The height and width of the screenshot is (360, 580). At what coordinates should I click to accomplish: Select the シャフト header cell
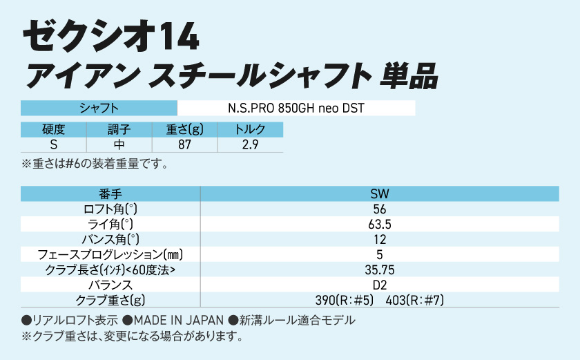click(99, 108)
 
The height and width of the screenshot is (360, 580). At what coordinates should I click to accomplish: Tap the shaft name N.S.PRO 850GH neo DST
click(296, 108)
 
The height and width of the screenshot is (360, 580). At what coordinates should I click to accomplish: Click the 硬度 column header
click(53, 130)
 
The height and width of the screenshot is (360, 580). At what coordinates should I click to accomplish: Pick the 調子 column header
click(119, 130)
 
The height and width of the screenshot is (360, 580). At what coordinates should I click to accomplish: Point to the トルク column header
click(250, 130)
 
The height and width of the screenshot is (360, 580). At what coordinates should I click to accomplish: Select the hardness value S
click(53, 144)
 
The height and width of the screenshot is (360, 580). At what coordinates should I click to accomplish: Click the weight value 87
click(184, 144)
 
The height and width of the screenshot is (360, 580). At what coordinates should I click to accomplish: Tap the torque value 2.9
click(250, 144)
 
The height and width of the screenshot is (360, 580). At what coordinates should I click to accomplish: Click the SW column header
click(379, 194)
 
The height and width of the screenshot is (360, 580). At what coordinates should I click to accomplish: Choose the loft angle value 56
click(379, 209)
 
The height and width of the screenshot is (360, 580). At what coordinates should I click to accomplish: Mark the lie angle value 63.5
click(379, 225)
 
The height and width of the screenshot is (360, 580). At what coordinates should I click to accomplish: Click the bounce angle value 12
click(379, 240)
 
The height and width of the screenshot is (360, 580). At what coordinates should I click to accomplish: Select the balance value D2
click(379, 285)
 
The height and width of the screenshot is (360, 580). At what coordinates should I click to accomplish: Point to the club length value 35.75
click(379, 269)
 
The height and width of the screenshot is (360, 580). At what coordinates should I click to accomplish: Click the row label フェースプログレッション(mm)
click(110, 255)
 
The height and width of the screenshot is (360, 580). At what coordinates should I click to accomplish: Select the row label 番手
click(110, 194)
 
